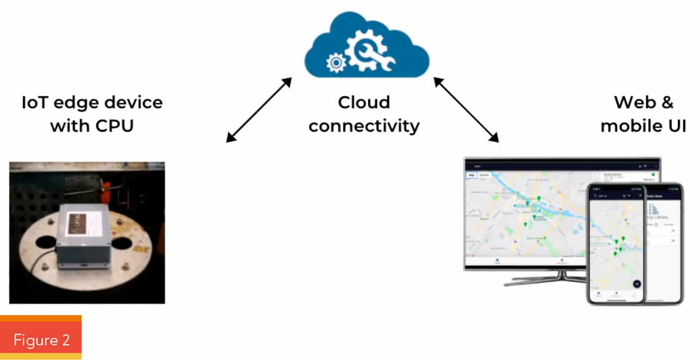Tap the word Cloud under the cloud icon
click(x=364, y=103)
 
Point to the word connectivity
click(x=364, y=126)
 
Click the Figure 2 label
click(x=41, y=340)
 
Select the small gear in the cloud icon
click(x=335, y=63)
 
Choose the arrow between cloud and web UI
click(x=466, y=109)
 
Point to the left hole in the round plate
click(x=46, y=243)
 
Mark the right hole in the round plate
click(x=122, y=244)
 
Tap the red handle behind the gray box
click(x=106, y=189)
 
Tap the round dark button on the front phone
click(x=636, y=284)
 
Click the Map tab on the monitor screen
click(x=472, y=175)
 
